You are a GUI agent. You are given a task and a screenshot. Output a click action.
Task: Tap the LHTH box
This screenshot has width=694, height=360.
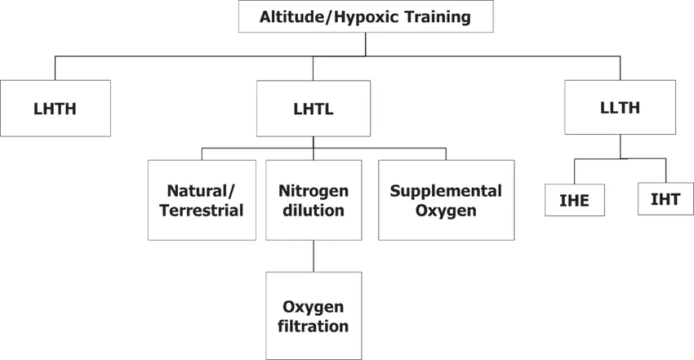[56, 109]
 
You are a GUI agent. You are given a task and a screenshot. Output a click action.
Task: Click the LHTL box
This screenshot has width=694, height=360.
[314, 109]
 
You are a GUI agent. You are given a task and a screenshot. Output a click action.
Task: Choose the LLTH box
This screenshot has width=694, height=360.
[620, 107]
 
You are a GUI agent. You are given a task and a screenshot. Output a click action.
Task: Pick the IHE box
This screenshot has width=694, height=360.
[575, 200]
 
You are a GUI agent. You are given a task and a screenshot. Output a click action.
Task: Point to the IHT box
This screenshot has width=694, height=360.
[665, 199]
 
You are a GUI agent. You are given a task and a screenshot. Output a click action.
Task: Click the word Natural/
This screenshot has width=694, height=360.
[202, 191]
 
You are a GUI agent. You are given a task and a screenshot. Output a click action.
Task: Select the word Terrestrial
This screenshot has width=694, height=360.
[202, 211]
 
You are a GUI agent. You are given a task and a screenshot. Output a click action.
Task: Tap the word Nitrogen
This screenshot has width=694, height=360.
[314, 191]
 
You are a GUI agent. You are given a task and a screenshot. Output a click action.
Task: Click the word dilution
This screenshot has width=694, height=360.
[314, 211]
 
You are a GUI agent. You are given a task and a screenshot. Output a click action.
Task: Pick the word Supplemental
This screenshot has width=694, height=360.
[446, 191]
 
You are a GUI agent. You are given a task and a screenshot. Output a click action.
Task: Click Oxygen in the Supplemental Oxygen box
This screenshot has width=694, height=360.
[446, 211]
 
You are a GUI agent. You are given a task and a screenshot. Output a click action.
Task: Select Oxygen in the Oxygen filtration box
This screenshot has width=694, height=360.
[314, 307]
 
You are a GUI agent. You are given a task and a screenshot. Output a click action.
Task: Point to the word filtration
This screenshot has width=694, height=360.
[314, 327]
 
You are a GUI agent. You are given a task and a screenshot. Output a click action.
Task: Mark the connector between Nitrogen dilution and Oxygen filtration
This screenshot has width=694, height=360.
[314, 256]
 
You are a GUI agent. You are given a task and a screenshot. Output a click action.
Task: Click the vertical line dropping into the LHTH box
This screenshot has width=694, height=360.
[55, 68]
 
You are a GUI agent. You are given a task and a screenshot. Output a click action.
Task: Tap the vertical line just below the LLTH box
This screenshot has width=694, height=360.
[620, 146]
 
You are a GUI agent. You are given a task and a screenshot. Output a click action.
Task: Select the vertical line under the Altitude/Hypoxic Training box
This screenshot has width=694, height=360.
[366, 44]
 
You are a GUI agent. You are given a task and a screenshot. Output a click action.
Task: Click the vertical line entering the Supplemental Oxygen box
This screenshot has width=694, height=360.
[446, 154]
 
